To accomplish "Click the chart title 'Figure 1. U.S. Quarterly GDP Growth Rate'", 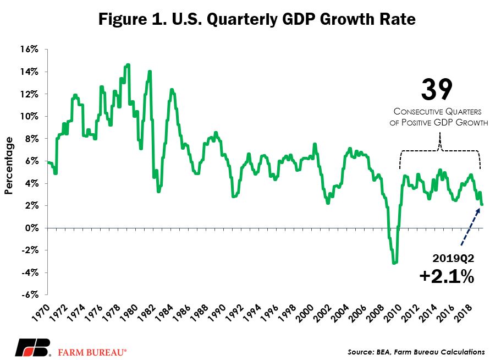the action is pyautogui.click(x=257, y=19).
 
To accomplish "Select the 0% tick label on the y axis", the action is pyautogui.click(x=31, y=228).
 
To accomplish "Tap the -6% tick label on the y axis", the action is pyautogui.click(x=30, y=294).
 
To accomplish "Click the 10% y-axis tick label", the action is pyautogui.click(x=29, y=116).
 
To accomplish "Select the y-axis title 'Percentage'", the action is pyautogui.click(x=9, y=165).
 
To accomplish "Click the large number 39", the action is pyautogui.click(x=437, y=90).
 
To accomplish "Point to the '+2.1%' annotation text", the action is pyautogui.click(x=447, y=276).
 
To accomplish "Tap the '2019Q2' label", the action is pyautogui.click(x=453, y=258).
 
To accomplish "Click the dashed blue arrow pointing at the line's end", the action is pyautogui.click(x=470, y=227).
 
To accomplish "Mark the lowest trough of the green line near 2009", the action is pyautogui.click(x=394, y=263).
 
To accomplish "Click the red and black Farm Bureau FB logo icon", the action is pyautogui.click(x=33, y=347).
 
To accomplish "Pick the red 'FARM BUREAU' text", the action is pyautogui.click(x=92, y=352).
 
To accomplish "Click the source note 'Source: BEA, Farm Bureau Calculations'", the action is pyautogui.click(x=416, y=352).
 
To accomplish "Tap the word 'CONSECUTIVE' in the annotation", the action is pyautogui.click(x=417, y=112).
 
